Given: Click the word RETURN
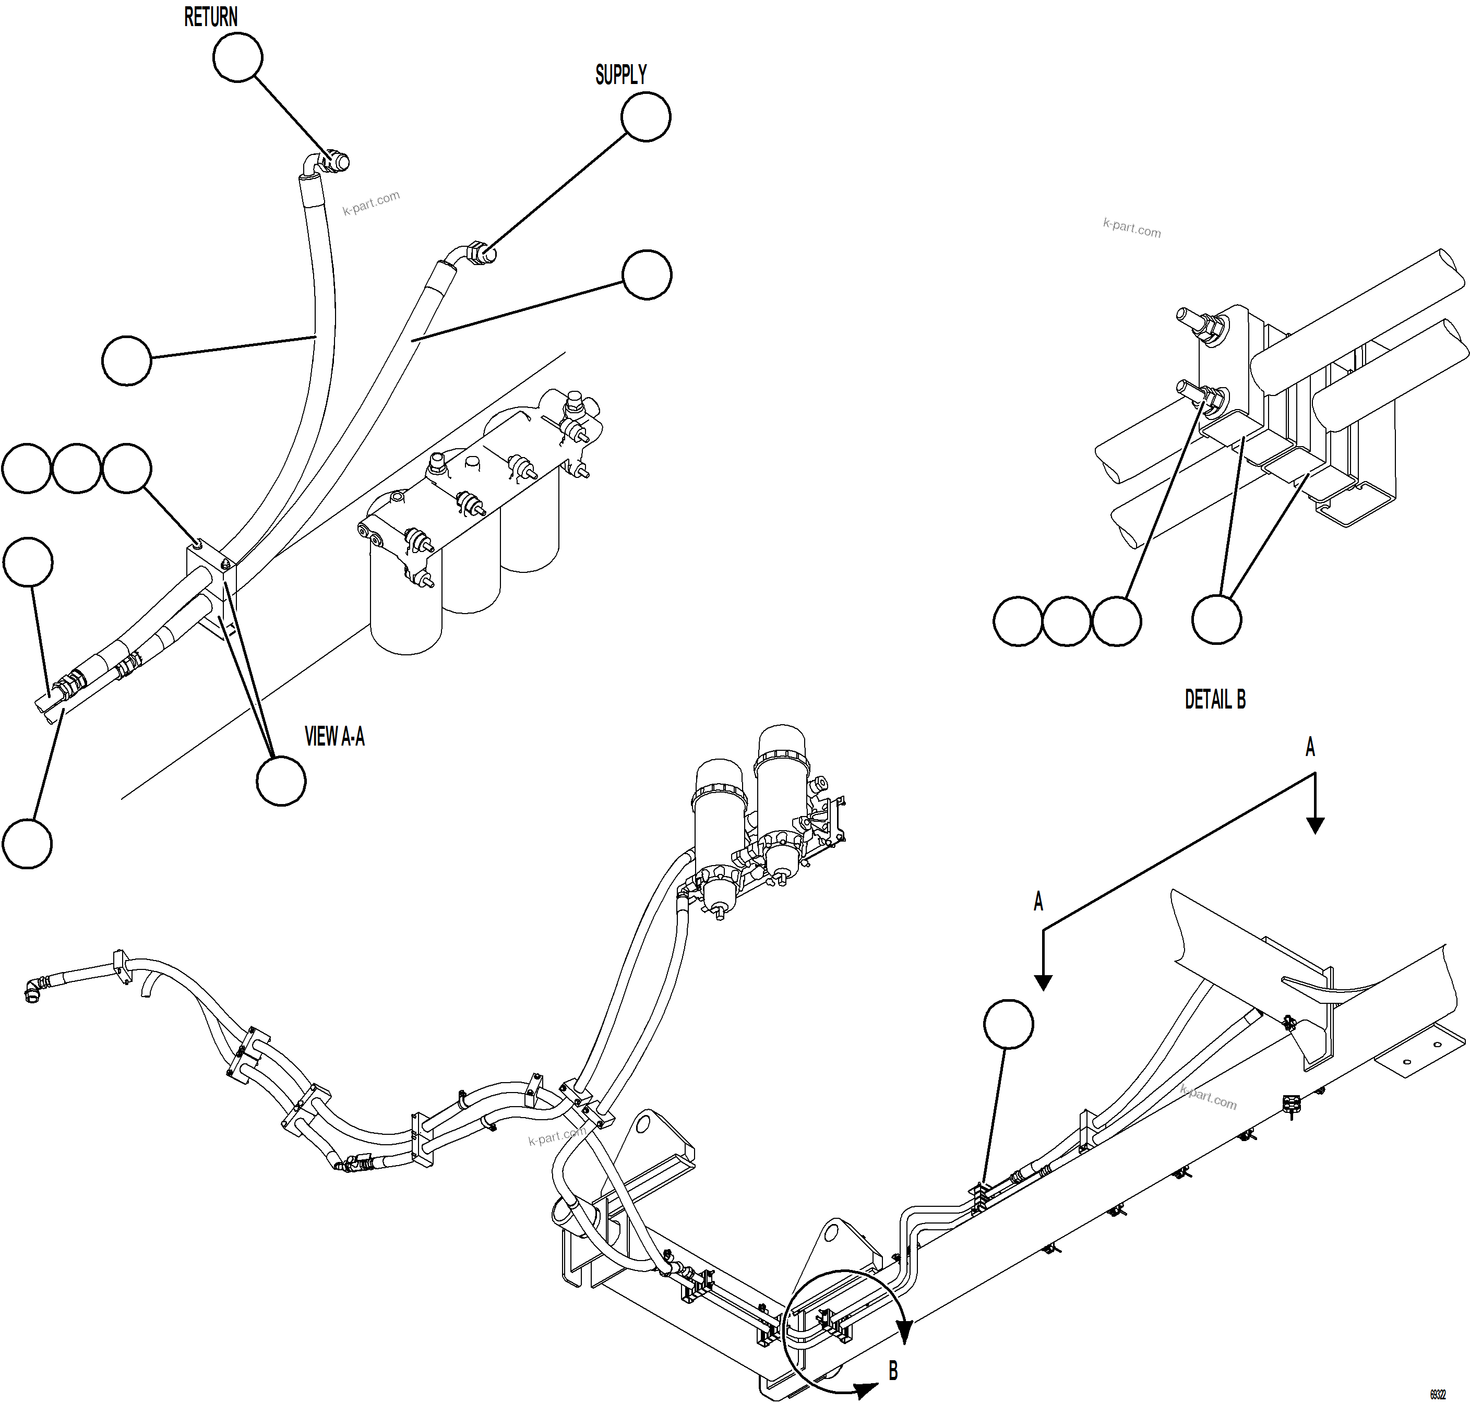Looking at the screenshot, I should [210, 17].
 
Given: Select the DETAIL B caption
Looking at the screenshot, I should [1214, 699].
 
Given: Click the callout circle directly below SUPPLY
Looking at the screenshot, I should [646, 117].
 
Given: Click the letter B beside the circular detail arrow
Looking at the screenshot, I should [892, 1370].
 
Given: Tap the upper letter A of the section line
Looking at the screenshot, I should [1309, 747].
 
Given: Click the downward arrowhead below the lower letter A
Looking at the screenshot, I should [1043, 982].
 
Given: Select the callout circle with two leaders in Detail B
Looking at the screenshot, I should [1216, 619].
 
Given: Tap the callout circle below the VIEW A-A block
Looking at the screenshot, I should [281, 781].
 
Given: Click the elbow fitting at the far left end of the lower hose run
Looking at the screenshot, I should [34, 990].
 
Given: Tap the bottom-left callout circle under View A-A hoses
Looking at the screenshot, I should [28, 844].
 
